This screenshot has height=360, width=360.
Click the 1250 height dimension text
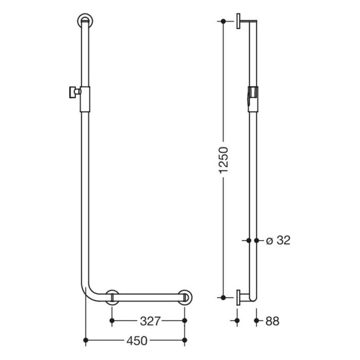(x=223, y=160)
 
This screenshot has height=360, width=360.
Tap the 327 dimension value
(x=149, y=321)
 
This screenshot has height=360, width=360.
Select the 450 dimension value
(x=136, y=340)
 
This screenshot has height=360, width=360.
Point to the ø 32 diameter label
(x=278, y=240)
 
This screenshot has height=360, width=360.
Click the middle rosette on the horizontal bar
(x=113, y=298)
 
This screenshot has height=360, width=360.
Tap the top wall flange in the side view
(x=239, y=22)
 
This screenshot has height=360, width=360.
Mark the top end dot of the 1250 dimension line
(x=223, y=22)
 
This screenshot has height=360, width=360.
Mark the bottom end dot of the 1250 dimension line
(x=223, y=297)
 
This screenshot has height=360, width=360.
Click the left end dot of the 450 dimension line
(x=85, y=340)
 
